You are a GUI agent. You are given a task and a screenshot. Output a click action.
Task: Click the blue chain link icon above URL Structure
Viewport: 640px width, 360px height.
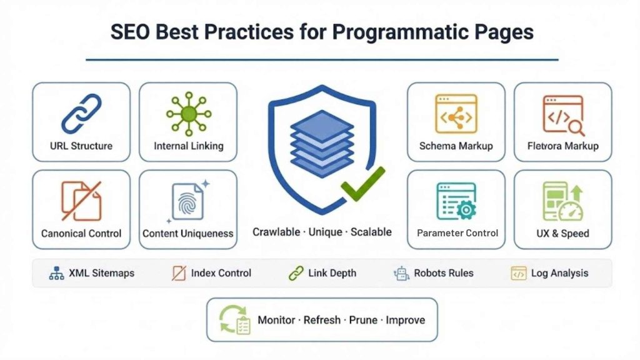81,113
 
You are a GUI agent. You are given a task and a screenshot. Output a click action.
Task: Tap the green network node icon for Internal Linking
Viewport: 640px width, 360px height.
188,113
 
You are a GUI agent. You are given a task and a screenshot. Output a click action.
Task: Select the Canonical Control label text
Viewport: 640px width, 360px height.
81,234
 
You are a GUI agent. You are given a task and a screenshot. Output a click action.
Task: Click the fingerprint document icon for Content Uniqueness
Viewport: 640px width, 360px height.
187,201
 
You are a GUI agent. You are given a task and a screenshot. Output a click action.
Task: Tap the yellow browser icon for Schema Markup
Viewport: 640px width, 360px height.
456,113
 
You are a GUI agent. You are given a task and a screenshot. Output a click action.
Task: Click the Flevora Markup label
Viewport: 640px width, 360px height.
562,146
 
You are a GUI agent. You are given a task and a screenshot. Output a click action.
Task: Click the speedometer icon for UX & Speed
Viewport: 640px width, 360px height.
570,211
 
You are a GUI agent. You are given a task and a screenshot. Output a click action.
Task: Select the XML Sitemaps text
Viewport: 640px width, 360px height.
101,273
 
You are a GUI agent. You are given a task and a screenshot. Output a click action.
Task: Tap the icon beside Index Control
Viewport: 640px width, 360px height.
179,273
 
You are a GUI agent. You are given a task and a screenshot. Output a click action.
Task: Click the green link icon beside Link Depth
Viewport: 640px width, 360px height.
296,273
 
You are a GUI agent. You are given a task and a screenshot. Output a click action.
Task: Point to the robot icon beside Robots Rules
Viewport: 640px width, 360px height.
401,273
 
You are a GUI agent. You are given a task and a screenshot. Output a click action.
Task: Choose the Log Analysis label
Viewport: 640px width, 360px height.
559,273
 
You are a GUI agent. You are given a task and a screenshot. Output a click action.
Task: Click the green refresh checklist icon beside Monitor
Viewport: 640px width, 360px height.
234,320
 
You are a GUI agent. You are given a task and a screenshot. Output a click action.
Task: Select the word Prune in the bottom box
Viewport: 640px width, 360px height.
363,320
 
